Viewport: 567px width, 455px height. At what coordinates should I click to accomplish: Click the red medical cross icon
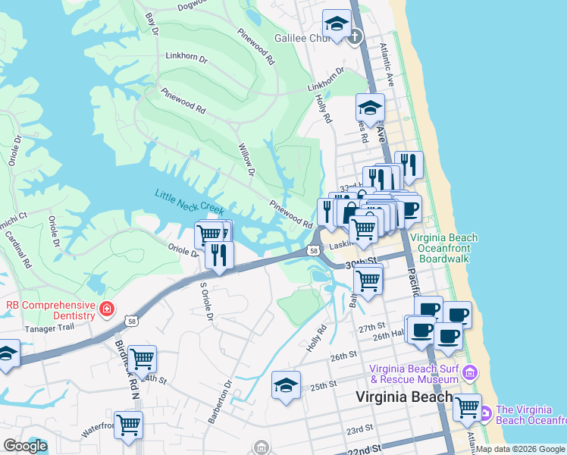click(107, 309)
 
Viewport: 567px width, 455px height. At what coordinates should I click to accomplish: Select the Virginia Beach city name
click(405, 397)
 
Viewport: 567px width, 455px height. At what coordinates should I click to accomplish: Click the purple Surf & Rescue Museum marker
click(471, 372)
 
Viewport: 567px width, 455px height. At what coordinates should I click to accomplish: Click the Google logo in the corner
click(24, 446)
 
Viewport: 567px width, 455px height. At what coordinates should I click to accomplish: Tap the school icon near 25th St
click(286, 386)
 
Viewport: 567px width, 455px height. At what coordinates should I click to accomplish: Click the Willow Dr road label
click(245, 160)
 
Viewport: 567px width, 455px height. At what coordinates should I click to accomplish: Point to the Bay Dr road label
click(152, 22)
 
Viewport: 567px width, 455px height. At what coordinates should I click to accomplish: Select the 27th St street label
click(372, 327)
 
